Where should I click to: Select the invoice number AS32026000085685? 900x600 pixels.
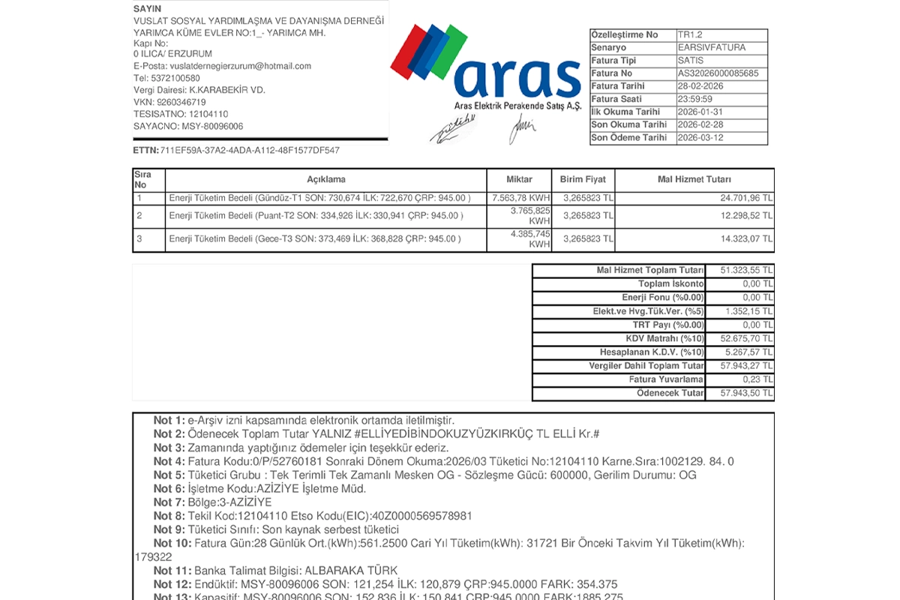(718, 73)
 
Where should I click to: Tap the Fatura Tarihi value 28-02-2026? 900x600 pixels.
(700, 86)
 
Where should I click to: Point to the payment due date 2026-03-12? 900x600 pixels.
(700, 138)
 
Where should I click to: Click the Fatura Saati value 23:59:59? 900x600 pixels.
(695, 99)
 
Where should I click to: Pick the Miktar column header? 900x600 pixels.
(519, 180)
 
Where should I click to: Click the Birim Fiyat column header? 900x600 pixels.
(582, 180)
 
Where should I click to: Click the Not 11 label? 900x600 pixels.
(172, 571)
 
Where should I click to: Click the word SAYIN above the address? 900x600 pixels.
(147, 9)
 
